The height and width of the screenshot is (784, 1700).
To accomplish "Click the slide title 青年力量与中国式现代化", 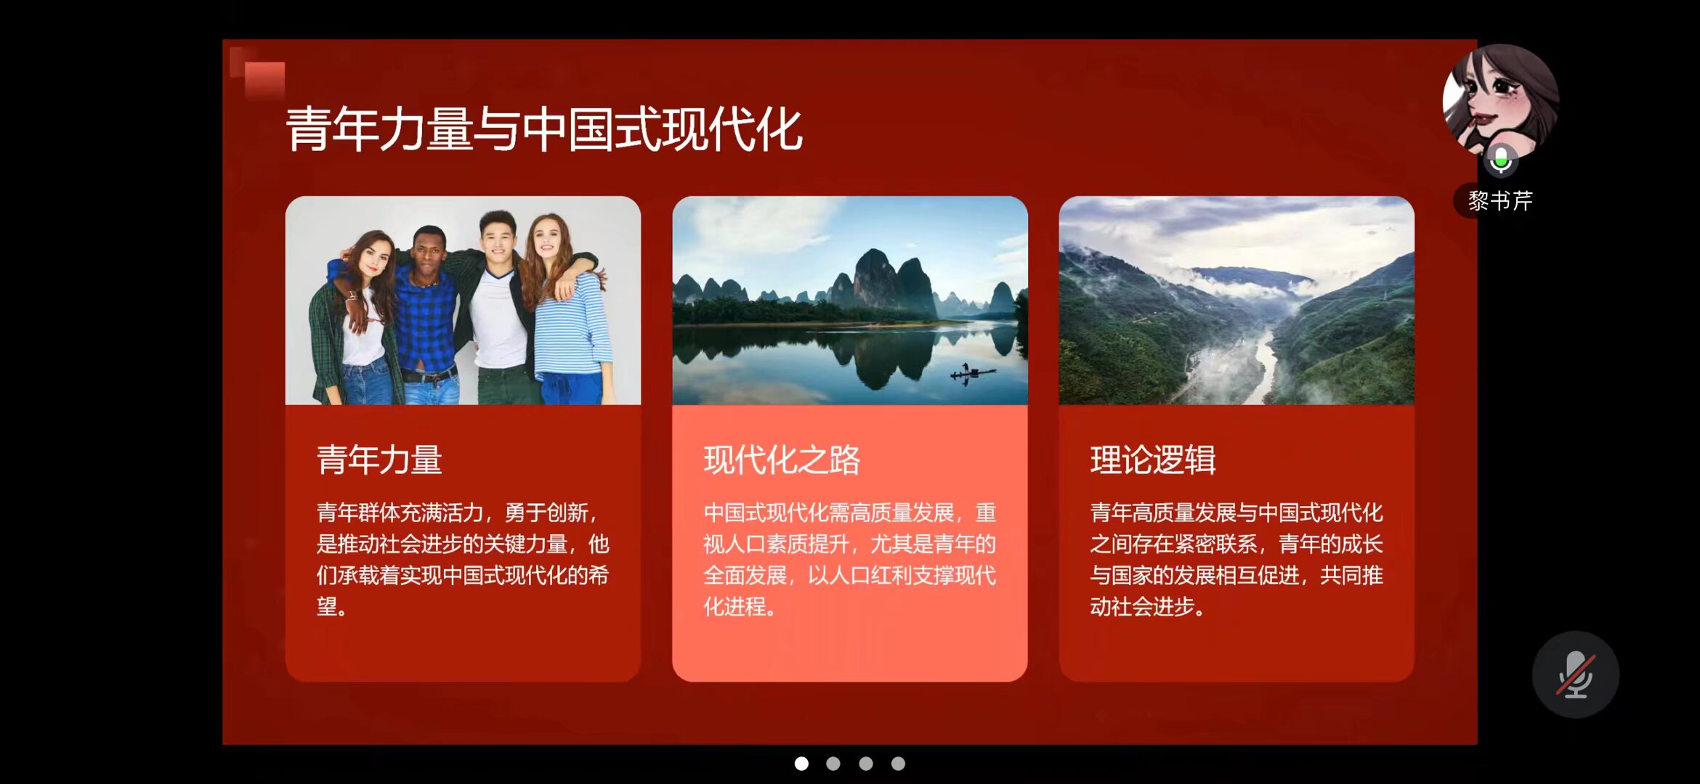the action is (x=544, y=129).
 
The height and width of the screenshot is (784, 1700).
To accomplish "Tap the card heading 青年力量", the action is (x=379, y=460).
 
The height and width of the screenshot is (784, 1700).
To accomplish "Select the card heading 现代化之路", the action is (x=782, y=460).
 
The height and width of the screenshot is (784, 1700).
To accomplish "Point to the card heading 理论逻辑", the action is (x=1153, y=460).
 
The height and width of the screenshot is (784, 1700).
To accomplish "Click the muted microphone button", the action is (x=1575, y=674).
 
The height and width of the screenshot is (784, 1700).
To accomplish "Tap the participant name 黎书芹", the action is (x=1500, y=200).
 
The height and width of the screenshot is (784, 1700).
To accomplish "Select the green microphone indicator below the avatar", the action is (x=1501, y=159).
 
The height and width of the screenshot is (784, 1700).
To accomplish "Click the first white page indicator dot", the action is (x=801, y=764).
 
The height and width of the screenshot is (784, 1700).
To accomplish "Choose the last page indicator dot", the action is (x=898, y=764).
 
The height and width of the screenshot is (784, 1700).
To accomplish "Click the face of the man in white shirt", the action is (x=498, y=240).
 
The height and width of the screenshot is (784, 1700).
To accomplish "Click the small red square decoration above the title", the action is (x=264, y=79).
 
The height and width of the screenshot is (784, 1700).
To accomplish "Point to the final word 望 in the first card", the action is (x=327, y=606).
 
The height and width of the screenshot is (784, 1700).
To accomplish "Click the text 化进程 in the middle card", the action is (x=734, y=606).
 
